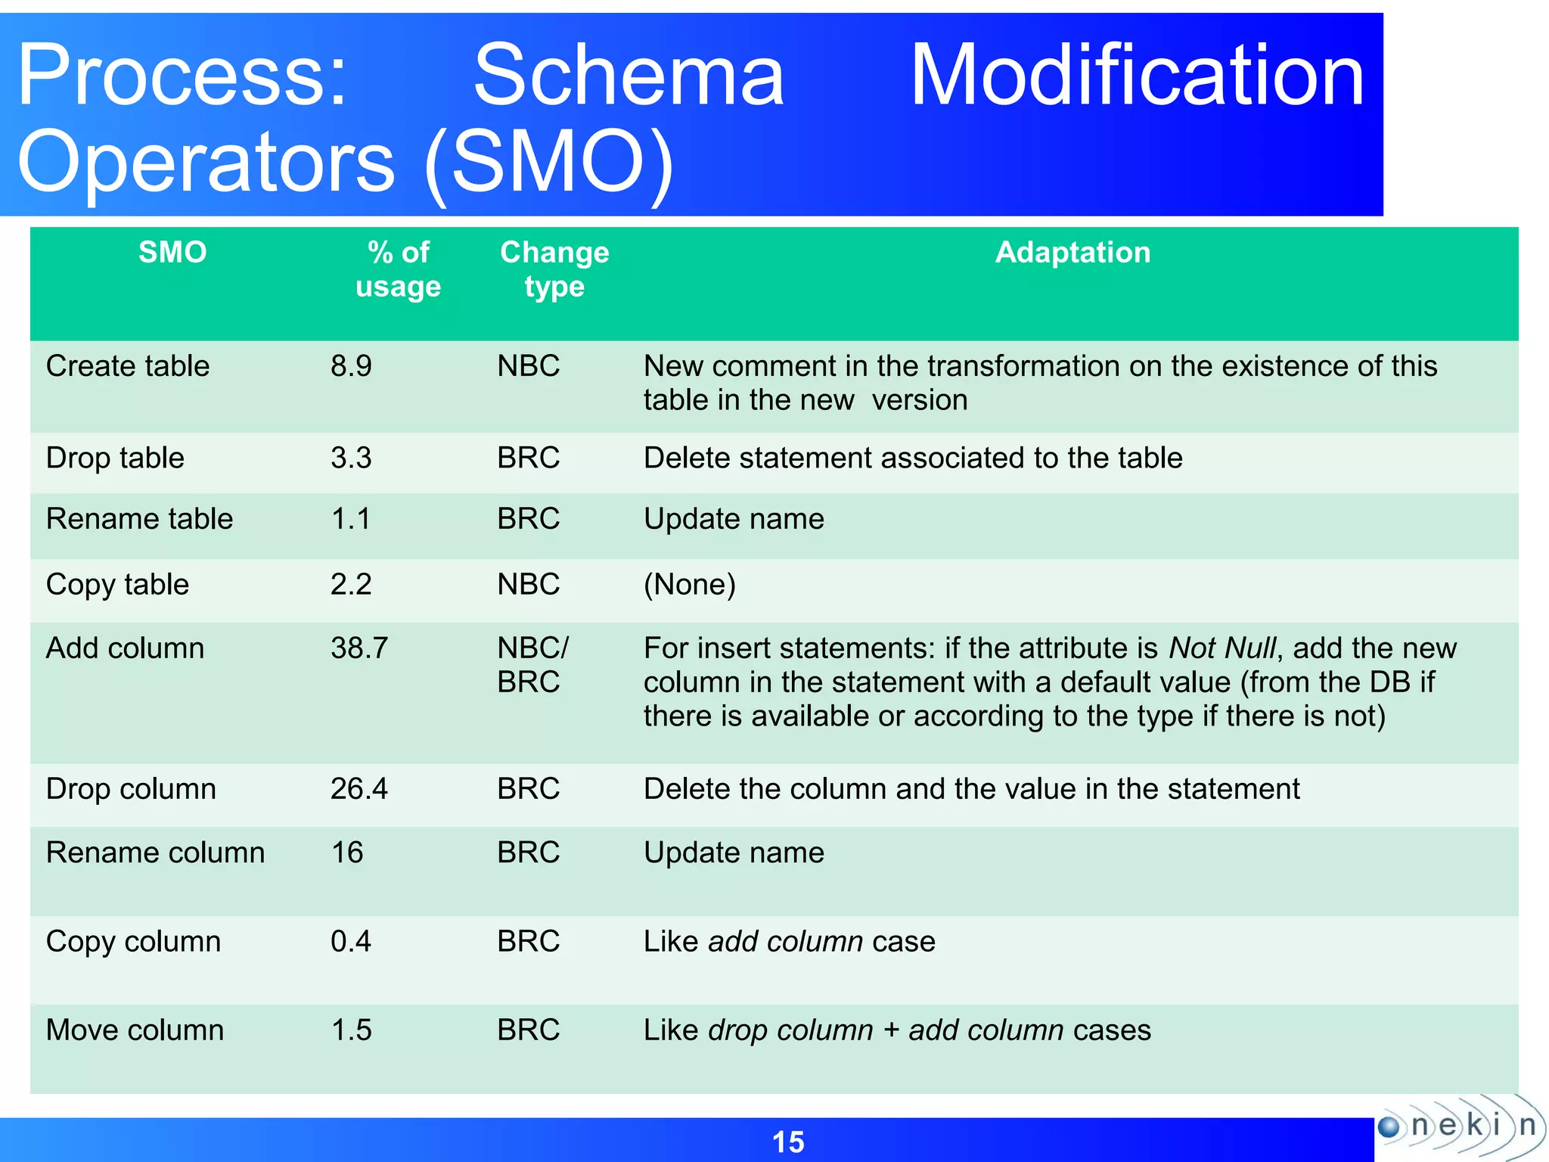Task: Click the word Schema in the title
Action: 629,76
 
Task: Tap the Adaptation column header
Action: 1072,253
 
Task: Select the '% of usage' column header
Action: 398,269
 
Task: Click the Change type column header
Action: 554,269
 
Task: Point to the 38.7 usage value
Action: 359,648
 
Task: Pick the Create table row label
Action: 128,366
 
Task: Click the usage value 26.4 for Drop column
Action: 359,789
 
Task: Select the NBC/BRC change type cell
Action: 532,665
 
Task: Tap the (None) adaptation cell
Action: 689,584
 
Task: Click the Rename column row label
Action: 155,853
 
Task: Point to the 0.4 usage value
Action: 351,941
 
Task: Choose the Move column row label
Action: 135,1030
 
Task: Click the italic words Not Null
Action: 1222,648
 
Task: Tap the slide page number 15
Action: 787,1142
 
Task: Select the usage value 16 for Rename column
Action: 347,853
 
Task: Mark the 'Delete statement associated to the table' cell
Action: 912,458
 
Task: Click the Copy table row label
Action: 117,585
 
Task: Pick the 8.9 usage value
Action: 351,366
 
